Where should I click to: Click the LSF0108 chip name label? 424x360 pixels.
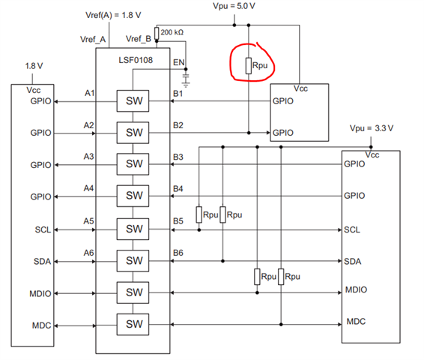136,60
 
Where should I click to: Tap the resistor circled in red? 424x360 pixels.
249,66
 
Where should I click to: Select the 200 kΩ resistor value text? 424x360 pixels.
172,32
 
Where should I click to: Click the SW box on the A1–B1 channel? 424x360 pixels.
133,100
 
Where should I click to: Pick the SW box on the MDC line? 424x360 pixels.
133,324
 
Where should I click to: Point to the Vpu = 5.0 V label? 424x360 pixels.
234,6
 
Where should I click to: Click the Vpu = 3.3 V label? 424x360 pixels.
372,128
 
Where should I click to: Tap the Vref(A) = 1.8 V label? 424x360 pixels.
113,15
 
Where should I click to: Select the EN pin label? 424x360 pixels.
178,62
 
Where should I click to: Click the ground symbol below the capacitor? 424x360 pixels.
186,85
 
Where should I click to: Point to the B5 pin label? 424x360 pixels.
178,221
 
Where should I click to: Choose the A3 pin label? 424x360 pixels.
88,157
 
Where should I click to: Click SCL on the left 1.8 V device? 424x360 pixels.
43,229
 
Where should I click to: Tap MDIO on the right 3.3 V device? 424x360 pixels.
356,289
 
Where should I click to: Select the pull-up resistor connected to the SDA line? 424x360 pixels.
222,214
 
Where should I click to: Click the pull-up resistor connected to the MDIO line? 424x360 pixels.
257,277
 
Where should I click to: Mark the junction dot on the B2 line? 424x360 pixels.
249,133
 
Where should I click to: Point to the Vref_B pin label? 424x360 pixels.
139,39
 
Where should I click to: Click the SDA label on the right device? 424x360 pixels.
352,262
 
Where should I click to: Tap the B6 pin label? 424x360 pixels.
178,253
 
